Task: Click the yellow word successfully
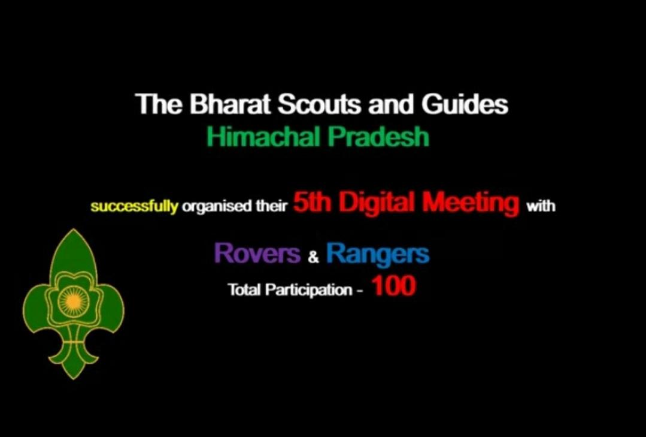[134, 207]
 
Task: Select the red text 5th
[309, 204]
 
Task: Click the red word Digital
[375, 204]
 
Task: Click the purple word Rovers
[257, 254]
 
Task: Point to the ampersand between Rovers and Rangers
[313, 258]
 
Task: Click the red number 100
[393, 287]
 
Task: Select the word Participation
[308, 291]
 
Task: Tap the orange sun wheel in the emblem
[72, 300]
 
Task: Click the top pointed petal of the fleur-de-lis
[73, 252]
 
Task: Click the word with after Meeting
[541, 207]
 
